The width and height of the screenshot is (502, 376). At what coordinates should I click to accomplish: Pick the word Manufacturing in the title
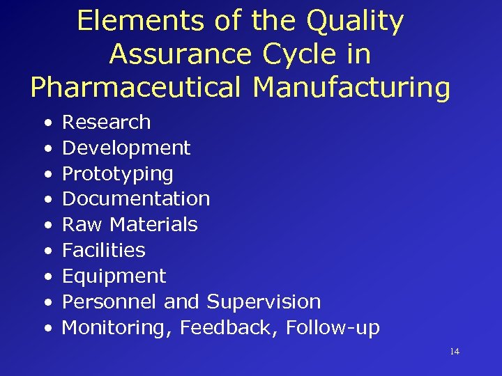click(351, 88)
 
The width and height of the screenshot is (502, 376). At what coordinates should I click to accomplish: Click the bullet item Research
click(106, 122)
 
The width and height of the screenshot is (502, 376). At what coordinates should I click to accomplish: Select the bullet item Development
click(126, 148)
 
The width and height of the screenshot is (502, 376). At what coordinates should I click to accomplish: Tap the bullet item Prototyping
click(118, 174)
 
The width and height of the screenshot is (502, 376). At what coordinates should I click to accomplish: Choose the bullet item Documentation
click(136, 198)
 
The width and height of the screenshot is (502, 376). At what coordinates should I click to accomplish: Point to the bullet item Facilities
click(104, 250)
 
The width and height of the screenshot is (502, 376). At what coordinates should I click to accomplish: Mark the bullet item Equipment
click(114, 276)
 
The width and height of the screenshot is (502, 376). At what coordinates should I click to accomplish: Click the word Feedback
click(224, 327)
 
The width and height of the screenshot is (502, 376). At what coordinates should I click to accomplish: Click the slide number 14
click(455, 352)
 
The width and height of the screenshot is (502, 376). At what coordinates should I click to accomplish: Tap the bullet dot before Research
click(47, 123)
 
